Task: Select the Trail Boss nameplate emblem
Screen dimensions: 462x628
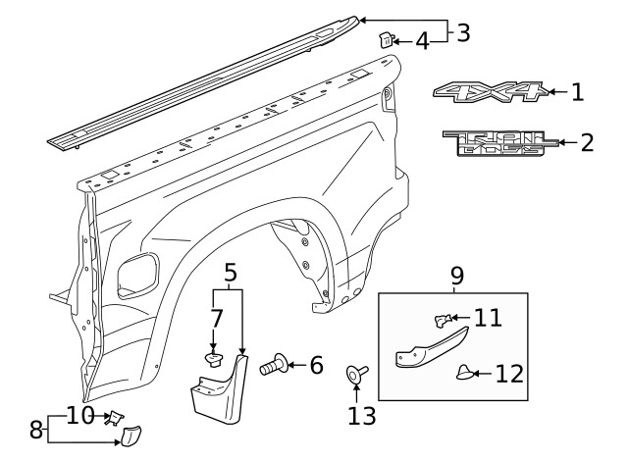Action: [x=499, y=144]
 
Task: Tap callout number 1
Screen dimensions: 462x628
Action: [x=577, y=93]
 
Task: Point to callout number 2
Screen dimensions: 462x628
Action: [x=587, y=143]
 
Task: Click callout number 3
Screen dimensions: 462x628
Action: [x=462, y=31]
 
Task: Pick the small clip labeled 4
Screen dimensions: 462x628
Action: [x=386, y=40]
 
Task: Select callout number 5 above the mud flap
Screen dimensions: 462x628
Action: [x=230, y=274]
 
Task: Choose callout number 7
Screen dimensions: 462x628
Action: [x=217, y=318]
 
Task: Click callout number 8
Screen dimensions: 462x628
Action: [x=35, y=429]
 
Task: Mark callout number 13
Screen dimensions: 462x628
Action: [x=361, y=416]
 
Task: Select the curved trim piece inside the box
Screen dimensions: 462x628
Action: [x=428, y=350]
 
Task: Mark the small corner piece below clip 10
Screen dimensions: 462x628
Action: [x=129, y=438]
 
